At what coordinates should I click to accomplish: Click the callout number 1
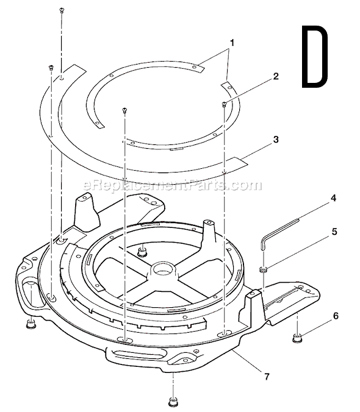(x=231, y=44)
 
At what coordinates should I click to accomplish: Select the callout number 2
(x=276, y=77)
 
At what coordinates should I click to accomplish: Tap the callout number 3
(x=276, y=140)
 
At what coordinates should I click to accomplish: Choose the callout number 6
(x=336, y=316)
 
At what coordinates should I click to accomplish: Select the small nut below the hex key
(x=265, y=269)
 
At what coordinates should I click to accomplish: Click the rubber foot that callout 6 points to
(x=297, y=337)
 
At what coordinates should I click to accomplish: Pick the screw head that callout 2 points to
(x=225, y=104)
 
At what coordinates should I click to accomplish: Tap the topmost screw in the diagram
(x=62, y=10)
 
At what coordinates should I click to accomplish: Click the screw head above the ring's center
(x=124, y=110)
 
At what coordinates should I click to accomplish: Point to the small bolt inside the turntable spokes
(x=142, y=250)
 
